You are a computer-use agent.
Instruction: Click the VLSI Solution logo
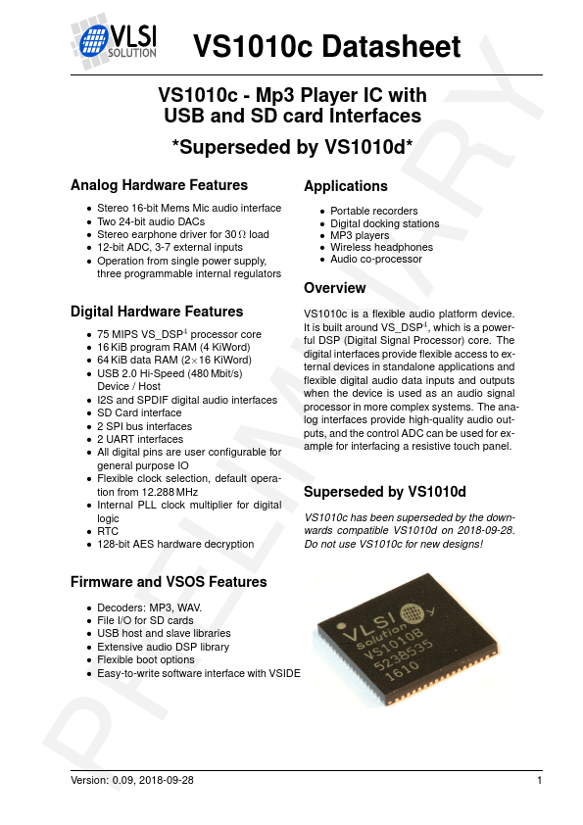[x=114, y=43]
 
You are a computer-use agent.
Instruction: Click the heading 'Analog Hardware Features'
[x=159, y=185]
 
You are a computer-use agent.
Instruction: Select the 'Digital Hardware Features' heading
[x=157, y=312]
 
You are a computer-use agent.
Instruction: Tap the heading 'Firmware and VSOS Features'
[x=169, y=582]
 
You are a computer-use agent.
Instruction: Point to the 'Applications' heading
[x=346, y=186]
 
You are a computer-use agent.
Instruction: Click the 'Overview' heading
[x=335, y=288]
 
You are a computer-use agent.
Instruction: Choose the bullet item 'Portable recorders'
[x=374, y=211]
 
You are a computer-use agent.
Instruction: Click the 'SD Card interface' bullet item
[x=140, y=413]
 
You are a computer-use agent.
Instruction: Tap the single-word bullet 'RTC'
[x=107, y=531]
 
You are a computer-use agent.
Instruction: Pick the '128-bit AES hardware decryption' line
[x=175, y=544]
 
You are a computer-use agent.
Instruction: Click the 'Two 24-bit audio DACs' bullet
[x=151, y=222]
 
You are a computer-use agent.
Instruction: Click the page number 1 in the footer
[x=540, y=780]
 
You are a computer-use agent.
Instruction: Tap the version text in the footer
[x=132, y=780]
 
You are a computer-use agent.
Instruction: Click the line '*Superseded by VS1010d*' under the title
[x=292, y=148]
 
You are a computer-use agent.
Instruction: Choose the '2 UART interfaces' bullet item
[x=140, y=439]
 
